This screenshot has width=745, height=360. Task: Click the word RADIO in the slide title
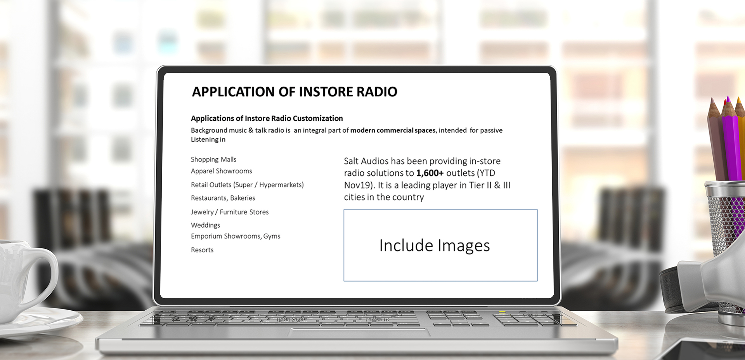point(377,92)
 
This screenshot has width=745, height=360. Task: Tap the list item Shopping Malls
point(213,159)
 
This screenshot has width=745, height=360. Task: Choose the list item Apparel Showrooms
point(221,171)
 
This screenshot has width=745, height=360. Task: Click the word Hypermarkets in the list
point(281,185)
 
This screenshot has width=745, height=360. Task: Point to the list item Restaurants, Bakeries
point(223,198)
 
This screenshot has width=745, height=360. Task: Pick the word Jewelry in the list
point(202,212)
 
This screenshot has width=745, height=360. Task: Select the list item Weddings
point(205,225)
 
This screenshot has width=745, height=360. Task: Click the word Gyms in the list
point(272,236)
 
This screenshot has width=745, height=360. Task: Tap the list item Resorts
point(202,250)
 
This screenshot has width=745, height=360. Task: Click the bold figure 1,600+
point(430,173)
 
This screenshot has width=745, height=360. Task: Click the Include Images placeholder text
point(435,246)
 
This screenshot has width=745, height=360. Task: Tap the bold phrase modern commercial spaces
point(393,130)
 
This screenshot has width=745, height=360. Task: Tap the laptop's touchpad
point(359,332)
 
